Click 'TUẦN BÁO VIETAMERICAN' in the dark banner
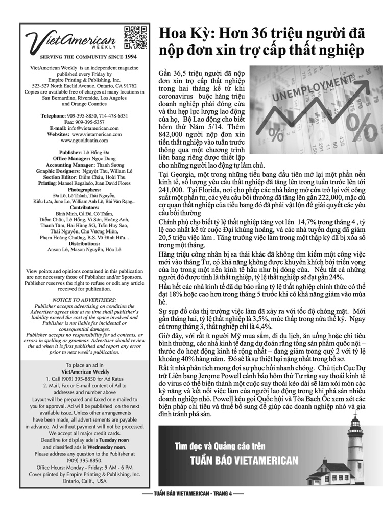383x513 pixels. click(244, 461)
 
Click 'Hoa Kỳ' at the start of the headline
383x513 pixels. click(183, 34)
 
